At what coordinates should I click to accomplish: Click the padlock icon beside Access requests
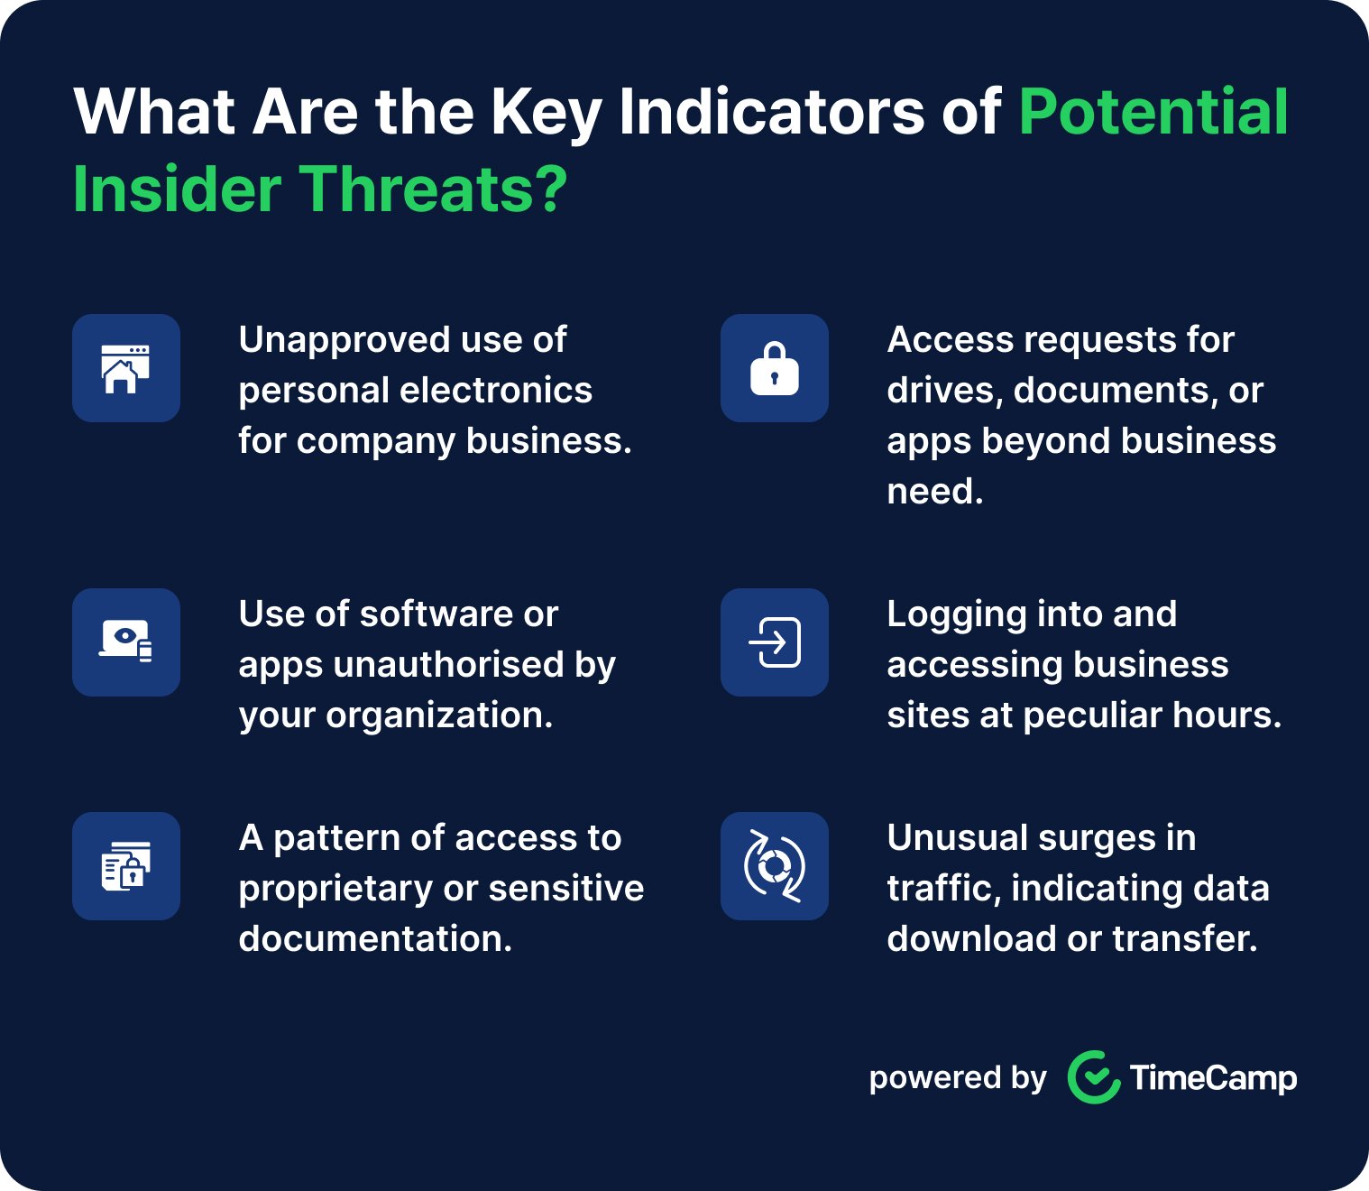pos(774,368)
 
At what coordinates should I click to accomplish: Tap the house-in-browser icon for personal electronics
pos(125,368)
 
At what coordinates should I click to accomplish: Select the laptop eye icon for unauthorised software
pos(125,642)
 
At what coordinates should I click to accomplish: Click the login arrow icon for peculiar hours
pos(774,642)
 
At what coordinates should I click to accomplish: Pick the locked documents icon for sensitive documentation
pos(125,866)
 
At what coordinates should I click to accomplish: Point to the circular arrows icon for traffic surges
pos(774,866)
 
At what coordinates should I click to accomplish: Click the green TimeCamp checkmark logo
pos(1094,1077)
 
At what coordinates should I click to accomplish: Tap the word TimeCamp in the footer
pos(1213,1077)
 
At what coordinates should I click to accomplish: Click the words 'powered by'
pos(957,1077)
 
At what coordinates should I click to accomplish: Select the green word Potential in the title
pos(1153,112)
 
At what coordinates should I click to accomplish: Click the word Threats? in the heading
pos(433,189)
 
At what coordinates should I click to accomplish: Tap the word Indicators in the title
pos(772,112)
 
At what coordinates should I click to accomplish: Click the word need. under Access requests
pos(934,492)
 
